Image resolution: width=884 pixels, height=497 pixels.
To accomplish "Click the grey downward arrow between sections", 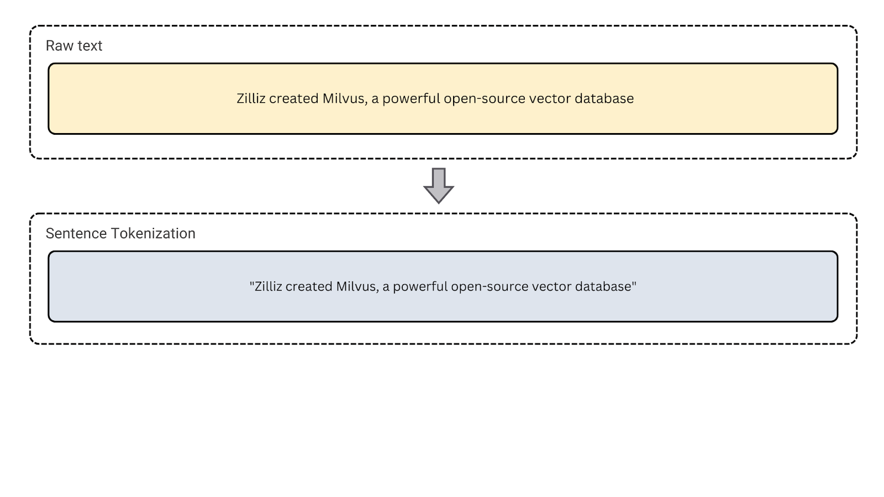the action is point(439,186).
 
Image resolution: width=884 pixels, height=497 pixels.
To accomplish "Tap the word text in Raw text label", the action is point(90,46).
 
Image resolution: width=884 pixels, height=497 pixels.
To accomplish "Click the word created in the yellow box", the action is point(293,99).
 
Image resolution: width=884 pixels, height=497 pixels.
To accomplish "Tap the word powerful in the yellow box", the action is point(411,99).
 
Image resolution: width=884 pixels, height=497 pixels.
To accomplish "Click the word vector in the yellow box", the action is point(550,99).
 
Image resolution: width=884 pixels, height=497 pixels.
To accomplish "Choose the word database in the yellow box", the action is point(604,99).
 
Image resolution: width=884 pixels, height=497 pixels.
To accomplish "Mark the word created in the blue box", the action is point(309,287).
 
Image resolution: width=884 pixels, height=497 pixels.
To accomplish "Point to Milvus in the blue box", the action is point(357,287).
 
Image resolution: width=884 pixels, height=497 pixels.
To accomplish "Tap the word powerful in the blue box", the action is point(420,287).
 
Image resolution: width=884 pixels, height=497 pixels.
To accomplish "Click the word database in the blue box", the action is point(604,287).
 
